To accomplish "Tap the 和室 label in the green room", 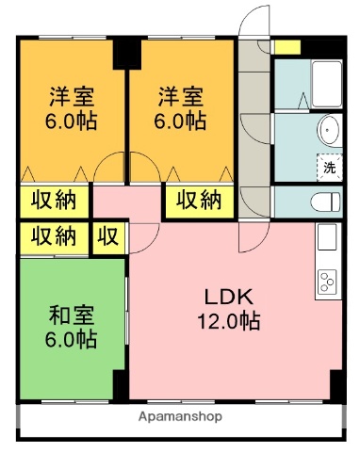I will click(70, 314).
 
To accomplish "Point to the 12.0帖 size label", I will click(229, 321).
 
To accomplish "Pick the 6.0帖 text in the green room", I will click(70, 338).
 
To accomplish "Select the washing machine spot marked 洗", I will click(330, 166).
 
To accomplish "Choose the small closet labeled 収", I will click(108, 235).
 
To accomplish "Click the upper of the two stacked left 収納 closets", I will click(54, 201).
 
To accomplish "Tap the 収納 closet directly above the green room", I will click(54, 235).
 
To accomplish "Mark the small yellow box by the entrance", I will click(286, 46).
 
